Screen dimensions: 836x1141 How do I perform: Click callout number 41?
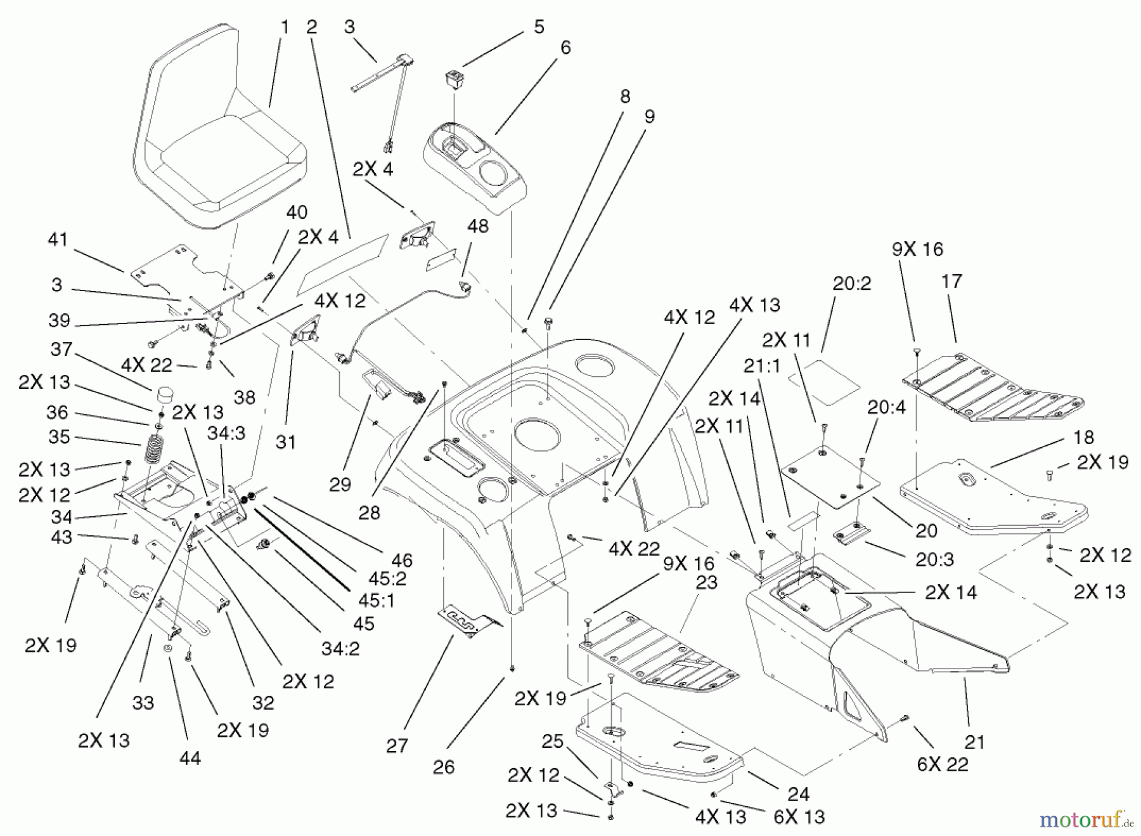click(x=58, y=240)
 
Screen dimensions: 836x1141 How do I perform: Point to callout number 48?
click(x=478, y=226)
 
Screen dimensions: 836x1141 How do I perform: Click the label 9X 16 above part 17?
click(x=917, y=249)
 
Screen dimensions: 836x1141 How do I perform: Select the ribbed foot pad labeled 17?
click(x=989, y=387)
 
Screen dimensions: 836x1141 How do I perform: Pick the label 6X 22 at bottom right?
click(x=943, y=764)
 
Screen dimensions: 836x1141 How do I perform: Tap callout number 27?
click(x=397, y=746)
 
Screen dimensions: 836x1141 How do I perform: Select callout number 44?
click(x=190, y=757)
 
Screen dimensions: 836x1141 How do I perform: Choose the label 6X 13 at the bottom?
click(x=799, y=816)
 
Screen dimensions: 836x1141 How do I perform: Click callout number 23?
click(x=706, y=582)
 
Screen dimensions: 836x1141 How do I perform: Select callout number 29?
click(x=340, y=485)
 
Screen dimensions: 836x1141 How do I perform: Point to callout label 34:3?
click(x=226, y=433)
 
